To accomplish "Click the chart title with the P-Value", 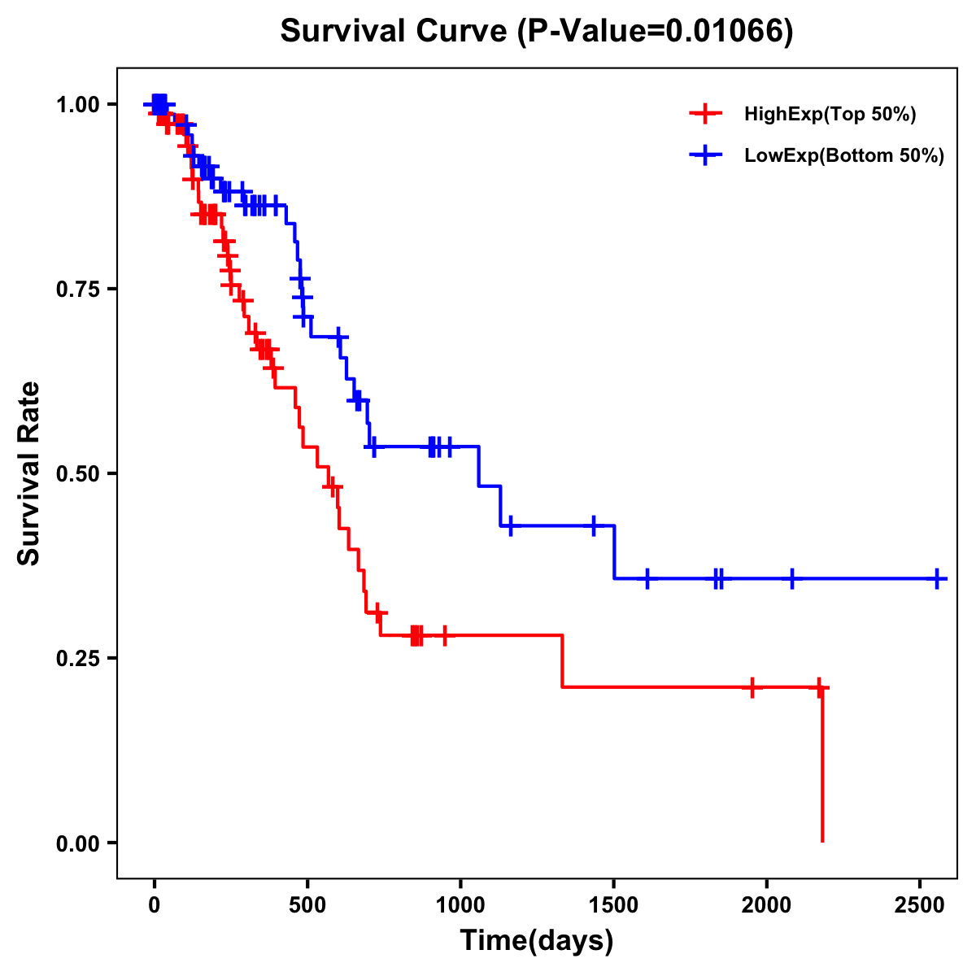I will [536, 31].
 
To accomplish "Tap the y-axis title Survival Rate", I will [29, 473].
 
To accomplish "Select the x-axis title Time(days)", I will [537, 941].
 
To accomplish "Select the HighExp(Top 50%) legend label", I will [830, 115].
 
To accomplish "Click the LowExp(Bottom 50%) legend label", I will [843, 155].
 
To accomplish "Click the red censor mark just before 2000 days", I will [752, 687].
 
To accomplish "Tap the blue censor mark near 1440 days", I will [594, 525].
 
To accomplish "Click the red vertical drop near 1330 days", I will [562, 661].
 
